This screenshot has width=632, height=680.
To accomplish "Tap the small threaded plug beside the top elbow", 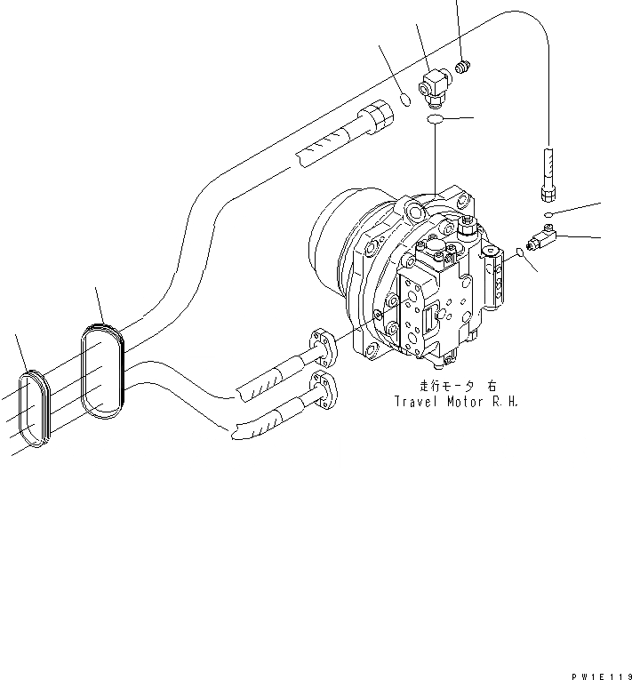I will click(x=462, y=66).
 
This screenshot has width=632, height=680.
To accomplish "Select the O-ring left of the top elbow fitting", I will click(x=404, y=100).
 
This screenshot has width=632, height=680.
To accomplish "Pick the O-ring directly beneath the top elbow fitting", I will click(x=435, y=119).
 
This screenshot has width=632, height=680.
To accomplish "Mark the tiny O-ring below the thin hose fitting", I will click(x=551, y=215).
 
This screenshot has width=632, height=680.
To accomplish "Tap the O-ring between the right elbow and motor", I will click(x=520, y=256).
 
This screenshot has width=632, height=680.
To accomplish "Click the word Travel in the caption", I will click(x=417, y=401).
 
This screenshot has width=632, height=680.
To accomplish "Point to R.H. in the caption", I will click(x=507, y=401).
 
